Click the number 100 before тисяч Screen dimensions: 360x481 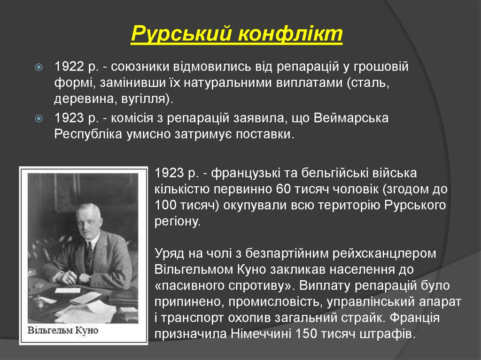(164, 206)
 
